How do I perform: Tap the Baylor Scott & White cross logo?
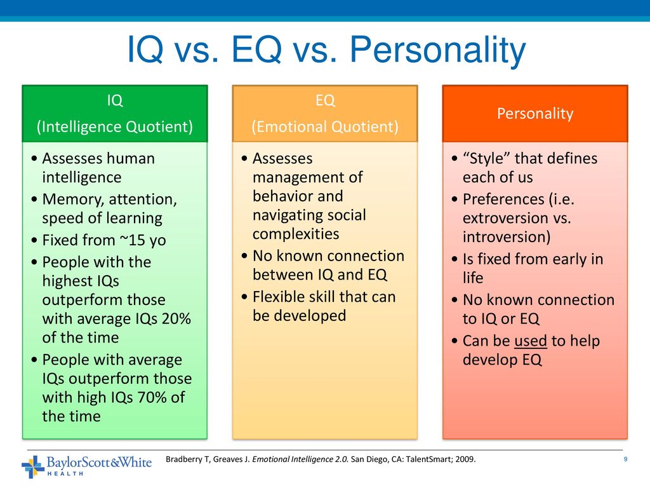[x=33, y=466]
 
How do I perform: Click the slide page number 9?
[x=625, y=459]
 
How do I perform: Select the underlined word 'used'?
[x=530, y=341]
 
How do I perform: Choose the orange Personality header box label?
[x=535, y=113]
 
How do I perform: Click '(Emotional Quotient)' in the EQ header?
[x=325, y=126]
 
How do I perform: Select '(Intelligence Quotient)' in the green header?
[x=115, y=126]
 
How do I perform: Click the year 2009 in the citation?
[x=465, y=459]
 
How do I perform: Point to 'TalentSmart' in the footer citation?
[x=428, y=459]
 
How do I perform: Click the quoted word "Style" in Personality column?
[x=486, y=158]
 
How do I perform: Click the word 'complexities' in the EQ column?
[x=296, y=234]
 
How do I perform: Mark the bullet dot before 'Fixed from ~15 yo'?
[x=34, y=240]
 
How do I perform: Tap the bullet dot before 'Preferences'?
[x=454, y=200]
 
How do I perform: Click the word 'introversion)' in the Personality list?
[x=507, y=237]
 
